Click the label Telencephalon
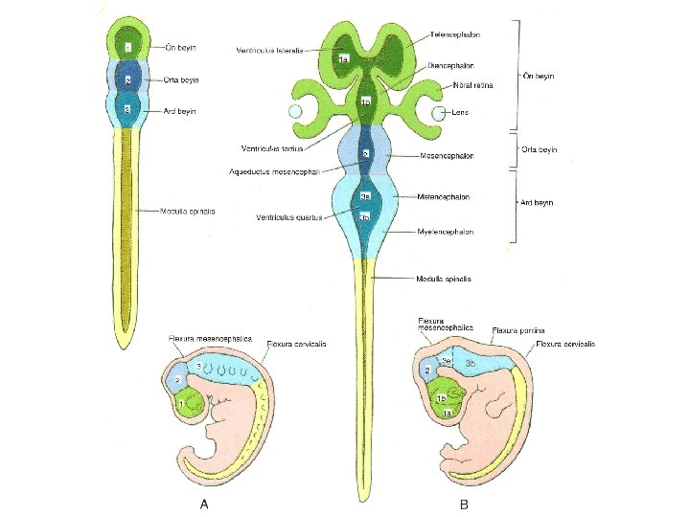click(455, 34)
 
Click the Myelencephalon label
click(448, 232)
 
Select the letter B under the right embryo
click(464, 506)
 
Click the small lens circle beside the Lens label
click(440, 114)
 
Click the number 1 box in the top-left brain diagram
click(127, 46)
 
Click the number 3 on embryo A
click(198, 366)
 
